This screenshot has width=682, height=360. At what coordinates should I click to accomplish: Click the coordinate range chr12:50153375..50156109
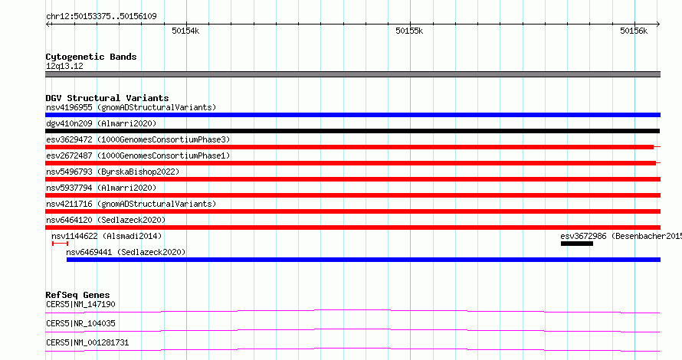(101, 17)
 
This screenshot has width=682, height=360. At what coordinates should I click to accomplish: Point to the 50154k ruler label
(185, 31)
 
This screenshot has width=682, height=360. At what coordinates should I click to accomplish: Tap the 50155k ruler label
(409, 31)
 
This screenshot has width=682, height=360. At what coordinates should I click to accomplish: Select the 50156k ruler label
(634, 31)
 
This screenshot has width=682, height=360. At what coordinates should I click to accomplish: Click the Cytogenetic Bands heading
(91, 57)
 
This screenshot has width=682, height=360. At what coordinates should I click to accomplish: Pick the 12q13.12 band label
(64, 66)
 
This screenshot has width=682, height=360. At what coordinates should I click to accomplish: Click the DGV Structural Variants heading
(107, 98)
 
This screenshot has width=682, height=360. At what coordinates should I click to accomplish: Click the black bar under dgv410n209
(352, 131)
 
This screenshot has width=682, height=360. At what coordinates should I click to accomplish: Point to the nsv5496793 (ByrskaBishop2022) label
(113, 172)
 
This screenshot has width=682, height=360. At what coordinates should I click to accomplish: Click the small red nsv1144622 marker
(60, 244)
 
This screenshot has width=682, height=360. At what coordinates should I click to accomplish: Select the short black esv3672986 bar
(577, 244)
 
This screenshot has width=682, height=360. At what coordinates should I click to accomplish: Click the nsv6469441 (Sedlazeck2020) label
(126, 252)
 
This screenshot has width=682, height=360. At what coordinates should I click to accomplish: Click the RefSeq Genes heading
(77, 295)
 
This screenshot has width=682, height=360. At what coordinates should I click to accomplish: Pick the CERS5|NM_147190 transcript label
(80, 304)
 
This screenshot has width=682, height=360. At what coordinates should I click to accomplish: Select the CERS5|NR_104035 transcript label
(80, 323)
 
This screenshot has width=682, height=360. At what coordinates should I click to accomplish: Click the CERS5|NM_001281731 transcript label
(87, 342)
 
